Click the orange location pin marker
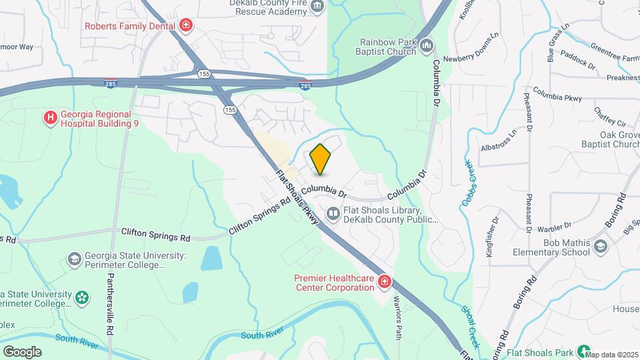(x=321, y=159)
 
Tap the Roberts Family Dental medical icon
(x=187, y=26)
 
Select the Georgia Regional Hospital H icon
(x=50, y=119)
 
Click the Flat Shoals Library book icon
(x=333, y=214)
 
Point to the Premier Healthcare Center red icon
(x=384, y=282)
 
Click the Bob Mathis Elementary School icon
(x=602, y=247)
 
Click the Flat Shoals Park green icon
(x=584, y=351)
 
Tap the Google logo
(x=22, y=351)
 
